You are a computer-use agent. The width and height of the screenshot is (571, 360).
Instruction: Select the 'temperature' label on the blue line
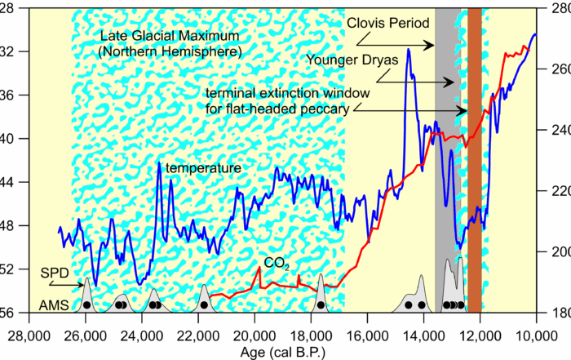(203, 168)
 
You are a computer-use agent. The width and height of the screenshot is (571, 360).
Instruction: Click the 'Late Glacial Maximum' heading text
(168, 37)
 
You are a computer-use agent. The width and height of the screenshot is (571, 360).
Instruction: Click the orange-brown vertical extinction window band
(474, 163)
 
